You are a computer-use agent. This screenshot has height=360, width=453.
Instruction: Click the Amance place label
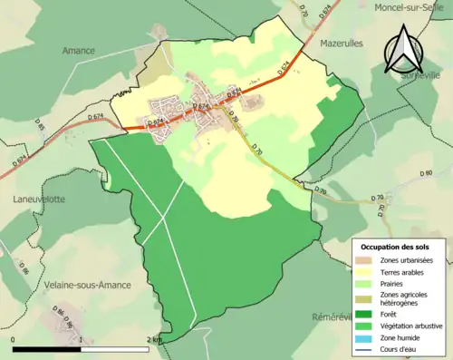[78, 51]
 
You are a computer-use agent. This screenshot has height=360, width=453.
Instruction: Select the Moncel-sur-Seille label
[411, 6]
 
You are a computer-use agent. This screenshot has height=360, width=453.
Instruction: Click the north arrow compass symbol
[400, 50]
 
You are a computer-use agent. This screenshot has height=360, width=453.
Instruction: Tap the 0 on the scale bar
[14, 339]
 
